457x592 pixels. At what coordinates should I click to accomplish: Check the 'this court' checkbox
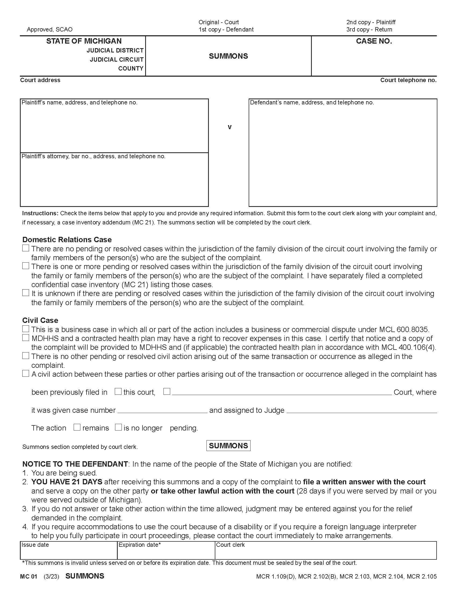click(118, 392)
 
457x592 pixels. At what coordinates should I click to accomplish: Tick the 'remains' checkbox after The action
click(77, 427)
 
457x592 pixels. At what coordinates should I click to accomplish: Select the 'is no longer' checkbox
click(118, 427)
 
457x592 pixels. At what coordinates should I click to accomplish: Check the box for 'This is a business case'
click(26, 329)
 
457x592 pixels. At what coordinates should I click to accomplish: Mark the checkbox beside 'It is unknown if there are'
click(26, 293)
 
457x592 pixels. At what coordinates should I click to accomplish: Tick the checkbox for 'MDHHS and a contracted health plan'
click(26, 338)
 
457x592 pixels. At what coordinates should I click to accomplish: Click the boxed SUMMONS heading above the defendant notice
click(228, 446)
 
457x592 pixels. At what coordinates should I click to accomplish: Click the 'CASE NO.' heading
click(374, 41)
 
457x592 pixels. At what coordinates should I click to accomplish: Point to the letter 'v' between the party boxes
click(230, 127)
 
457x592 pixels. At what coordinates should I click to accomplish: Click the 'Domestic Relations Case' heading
click(67, 239)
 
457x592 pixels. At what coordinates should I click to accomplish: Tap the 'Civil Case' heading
click(40, 320)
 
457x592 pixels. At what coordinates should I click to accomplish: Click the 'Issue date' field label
click(35, 545)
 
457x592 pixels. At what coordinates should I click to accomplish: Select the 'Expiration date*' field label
click(140, 545)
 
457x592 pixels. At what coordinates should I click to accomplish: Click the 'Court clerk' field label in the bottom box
click(230, 545)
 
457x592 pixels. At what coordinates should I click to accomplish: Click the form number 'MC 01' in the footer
click(28, 576)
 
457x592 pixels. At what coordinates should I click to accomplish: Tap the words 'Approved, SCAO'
click(49, 29)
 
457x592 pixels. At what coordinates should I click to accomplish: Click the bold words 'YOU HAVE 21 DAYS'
click(67, 482)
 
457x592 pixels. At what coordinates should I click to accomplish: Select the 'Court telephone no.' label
click(408, 80)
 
